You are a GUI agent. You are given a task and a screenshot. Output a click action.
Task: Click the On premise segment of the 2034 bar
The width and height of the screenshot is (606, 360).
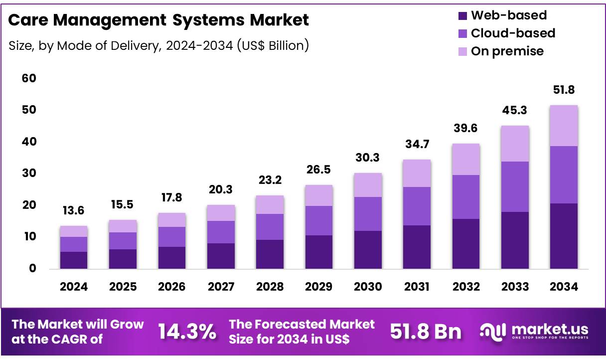pos(564,126)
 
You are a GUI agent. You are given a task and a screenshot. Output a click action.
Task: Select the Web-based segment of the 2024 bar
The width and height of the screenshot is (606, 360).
pos(74,260)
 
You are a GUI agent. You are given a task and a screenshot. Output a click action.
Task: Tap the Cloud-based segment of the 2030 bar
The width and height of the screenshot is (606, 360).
pos(368,214)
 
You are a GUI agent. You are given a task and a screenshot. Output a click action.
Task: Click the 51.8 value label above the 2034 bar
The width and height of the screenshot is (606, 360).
pos(564,90)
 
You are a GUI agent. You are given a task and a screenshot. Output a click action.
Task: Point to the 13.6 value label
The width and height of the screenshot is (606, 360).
pos(74,210)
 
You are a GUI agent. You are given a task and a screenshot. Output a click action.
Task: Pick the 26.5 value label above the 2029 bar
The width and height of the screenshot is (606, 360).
pos(319,171)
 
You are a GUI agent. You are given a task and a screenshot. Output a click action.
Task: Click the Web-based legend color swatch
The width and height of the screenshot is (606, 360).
pos(462,15)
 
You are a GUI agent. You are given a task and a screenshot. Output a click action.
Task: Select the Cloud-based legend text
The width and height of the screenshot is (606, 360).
pos(513,33)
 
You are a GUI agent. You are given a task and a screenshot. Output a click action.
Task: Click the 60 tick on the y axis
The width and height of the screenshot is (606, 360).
pos(29,78)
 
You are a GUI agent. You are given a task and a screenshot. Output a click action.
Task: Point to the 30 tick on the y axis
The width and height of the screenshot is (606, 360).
pos(29,174)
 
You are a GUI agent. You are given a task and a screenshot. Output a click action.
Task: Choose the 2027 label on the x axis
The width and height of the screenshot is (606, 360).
pos(221,287)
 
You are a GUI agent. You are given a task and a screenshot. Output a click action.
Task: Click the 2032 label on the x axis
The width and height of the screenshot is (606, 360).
pos(466,287)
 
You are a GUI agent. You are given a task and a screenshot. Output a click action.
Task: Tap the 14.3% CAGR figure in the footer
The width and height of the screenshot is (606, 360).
pos(187,332)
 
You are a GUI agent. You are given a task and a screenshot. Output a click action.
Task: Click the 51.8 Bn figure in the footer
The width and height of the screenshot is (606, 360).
pos(426,332)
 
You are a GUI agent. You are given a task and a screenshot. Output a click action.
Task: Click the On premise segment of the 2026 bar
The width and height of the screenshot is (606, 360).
pos(172,220)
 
